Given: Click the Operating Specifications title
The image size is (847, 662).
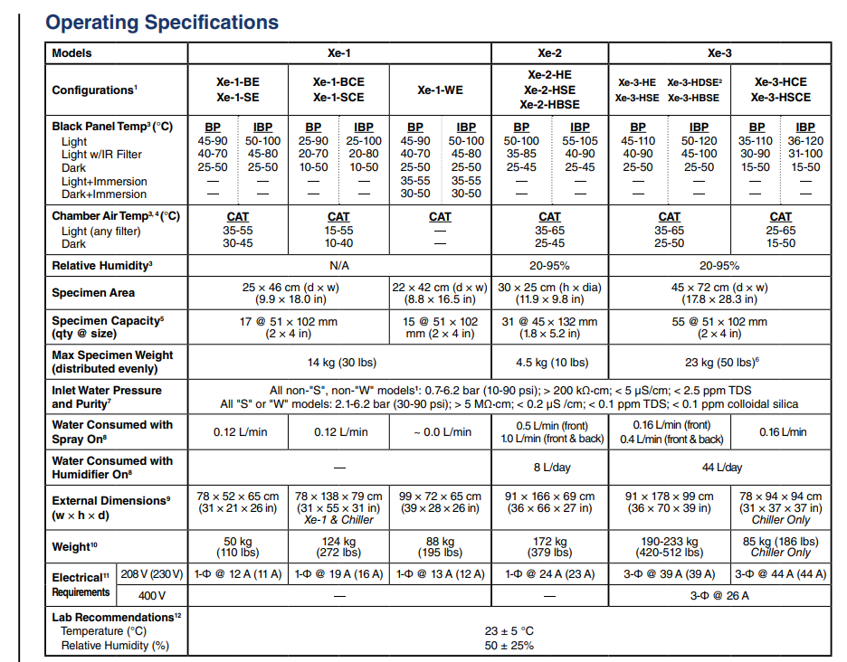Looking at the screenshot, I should pyautogui.click(x=162, y=23).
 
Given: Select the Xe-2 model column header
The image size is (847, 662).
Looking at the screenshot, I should pyautogui.click(x=549, y=53).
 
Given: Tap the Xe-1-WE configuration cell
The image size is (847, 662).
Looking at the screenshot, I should pyautogui.click(x=440, y=90).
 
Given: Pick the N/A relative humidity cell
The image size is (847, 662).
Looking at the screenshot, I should pyautogui.click(x=339, y=266).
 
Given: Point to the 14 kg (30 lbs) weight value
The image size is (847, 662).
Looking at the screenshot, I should pyautogui.click(x=339, y=363).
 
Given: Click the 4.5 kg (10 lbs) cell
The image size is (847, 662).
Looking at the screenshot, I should pyautogui.click(x=549, y=363).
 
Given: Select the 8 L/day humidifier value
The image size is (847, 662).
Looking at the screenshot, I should pyautogui.click(x=549, y=468).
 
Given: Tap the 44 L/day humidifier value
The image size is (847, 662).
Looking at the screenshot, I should pyautogui.click(x=719, y=468).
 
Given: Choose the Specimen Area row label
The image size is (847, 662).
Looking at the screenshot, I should pyautogui.click(x=93, y=293).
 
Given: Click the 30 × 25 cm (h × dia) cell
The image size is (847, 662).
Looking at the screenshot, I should pyautogui.click(x=549, y=293).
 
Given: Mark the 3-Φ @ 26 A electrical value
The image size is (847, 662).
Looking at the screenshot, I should pyautogui.click(x=719, y=595).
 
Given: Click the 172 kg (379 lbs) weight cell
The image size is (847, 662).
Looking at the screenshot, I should pyautogui.click(x=549, y=546).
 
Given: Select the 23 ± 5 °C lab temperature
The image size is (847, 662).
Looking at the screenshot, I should pyautogui.click(x=509, y=632).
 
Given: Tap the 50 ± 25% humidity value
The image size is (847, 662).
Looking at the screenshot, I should pyautogui.click(x=509, y=646).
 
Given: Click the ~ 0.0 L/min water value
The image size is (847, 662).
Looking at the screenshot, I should pyautogui.click(x=440, y=432).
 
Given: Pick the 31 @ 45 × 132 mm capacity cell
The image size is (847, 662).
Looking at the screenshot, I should pyautogui.click(x=549, y=327).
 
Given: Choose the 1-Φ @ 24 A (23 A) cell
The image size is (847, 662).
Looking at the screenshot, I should pyautogui.click(x=549, y=574).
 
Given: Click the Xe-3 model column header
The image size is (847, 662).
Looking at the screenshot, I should pyautogui.click(x=719, y=53).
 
